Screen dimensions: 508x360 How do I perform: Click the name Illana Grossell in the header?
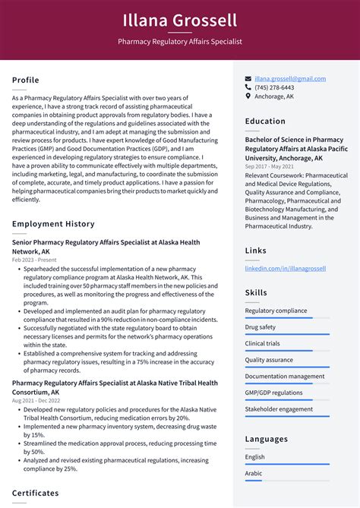[180, 20]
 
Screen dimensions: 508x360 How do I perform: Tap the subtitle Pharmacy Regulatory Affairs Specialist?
[180, 42]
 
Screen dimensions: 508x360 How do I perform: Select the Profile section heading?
[26, 80]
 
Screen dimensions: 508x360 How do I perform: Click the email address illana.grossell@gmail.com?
[290, 78]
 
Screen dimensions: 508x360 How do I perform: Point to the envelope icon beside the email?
[248, 78]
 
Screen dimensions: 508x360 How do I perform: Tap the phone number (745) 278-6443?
[274, 87]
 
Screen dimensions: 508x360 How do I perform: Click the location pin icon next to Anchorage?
[248, 96]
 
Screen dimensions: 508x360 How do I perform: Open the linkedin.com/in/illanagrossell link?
[285, 268]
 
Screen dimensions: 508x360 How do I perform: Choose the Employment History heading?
[53, 224]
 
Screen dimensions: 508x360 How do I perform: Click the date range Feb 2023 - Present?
[34, 260]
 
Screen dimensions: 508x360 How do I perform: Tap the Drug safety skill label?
[261, 327]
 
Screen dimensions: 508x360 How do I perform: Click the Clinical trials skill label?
[262, 343]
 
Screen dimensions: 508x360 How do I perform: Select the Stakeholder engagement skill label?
[279, 409]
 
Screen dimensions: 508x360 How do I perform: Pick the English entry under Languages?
[255, 456]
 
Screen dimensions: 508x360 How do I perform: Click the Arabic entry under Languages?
[254, 473]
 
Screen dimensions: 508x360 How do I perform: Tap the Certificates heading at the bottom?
[35, 493]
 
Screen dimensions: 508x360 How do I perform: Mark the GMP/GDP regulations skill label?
[273, 393]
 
